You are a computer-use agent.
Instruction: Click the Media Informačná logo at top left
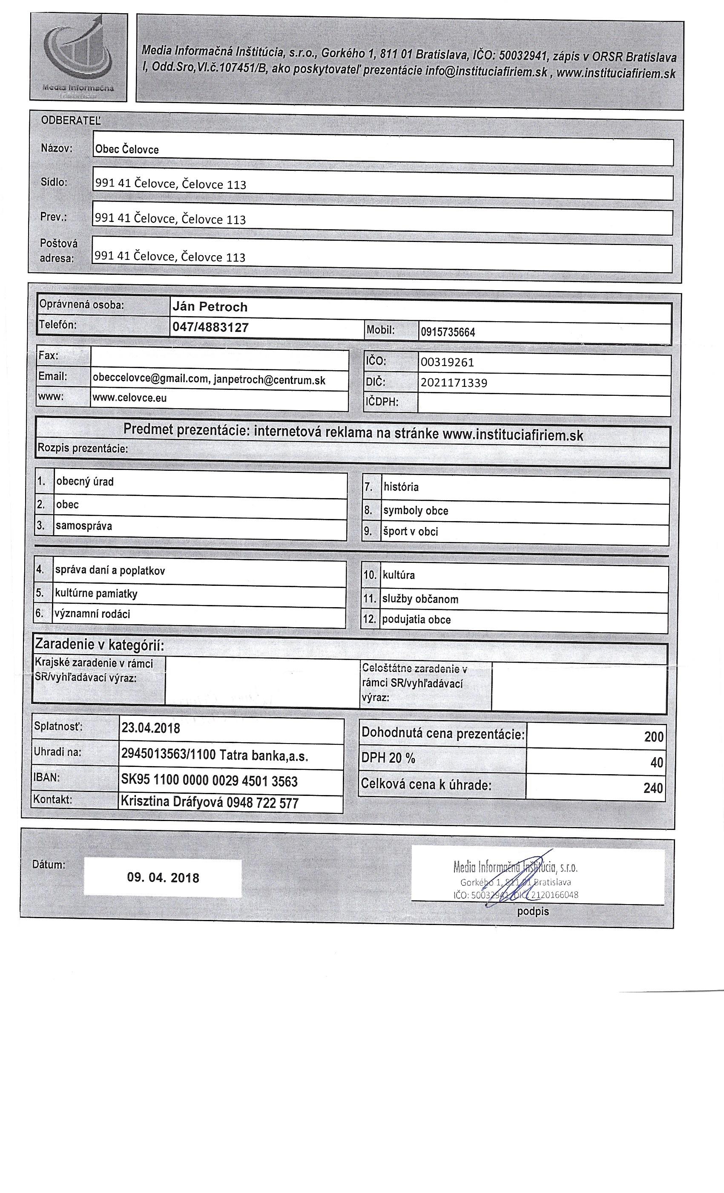click(x=79, y=57)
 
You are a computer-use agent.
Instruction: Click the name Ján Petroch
click(x=210, y=307)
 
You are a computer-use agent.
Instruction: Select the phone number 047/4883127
click(x=210, y=328)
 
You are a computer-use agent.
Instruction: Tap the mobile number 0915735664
click(x=448, y=332)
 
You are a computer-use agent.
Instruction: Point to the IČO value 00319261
click(x=447, y=362)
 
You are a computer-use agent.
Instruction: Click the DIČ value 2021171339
click(x=454, y=383)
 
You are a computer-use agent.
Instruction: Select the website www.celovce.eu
click(x=130, y=398)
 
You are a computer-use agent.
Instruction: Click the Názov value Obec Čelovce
click(x=127, y=150)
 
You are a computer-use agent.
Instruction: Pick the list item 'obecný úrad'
click(x=85, y=482)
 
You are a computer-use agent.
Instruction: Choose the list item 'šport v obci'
click(x=411, y=532)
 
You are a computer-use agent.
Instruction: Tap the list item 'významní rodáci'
click(x=92, y=614)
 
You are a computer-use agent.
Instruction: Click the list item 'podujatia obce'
click(x=416, y=620)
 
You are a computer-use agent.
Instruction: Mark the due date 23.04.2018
click(x=150, y=728)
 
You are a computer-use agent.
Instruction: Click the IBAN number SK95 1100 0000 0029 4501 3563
click(x=209, y=781)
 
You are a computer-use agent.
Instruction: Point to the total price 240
click(x=653, y=788)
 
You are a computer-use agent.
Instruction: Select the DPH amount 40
click(x=656, y=763)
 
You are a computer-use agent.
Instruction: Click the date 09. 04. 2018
click(x=163, y=878)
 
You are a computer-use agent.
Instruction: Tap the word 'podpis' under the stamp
click(x=533, y=911)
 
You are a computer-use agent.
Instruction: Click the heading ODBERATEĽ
click(x=71, y=121)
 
